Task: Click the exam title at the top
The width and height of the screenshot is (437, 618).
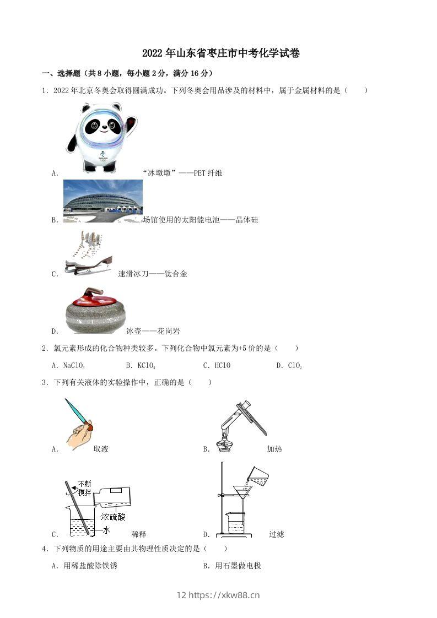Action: (220, 53)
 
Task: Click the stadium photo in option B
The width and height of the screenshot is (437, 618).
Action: (102, 200)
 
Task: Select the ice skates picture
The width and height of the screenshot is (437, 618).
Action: (87, 252)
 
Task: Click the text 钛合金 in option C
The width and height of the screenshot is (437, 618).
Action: (176, 274)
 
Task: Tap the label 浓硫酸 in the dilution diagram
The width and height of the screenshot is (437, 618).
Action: (113, 517)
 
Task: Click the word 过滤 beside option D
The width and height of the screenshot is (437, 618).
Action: (276, 534)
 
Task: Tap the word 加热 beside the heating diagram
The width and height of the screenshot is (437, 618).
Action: (274, 449)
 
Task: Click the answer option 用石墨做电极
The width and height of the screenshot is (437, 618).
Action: (238, 565)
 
